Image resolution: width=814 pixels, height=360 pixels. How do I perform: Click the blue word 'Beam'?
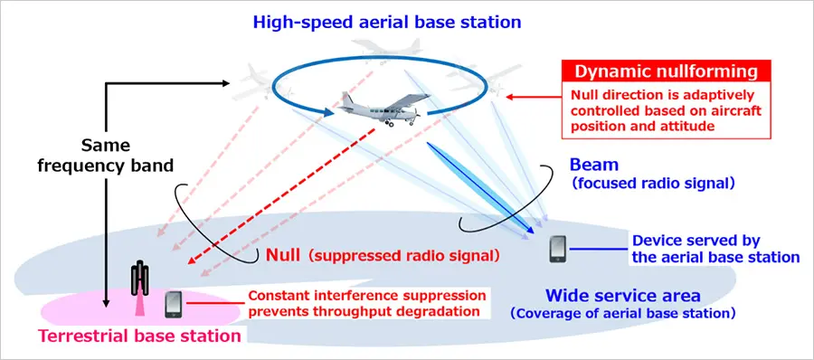pyautogui.click(x=593, y=166)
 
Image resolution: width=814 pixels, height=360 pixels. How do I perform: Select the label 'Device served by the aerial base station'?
pyautogui.click(x=715, y=249)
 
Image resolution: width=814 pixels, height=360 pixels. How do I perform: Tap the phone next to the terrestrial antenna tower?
pyautogui.click(x=174, y=304)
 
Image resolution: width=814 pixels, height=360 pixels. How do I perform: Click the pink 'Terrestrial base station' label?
pyautogui.click(x=139, y=336)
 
